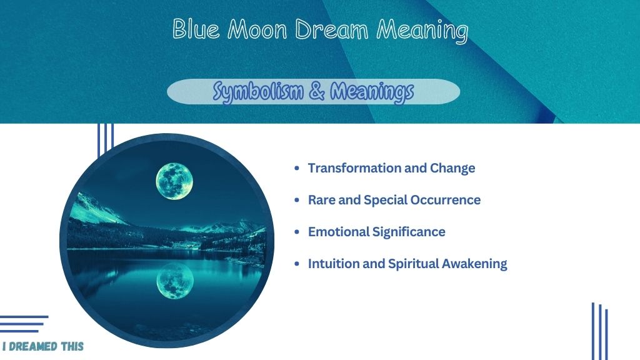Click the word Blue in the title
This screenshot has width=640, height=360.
(196, 29)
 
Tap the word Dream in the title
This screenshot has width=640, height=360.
(331, 30)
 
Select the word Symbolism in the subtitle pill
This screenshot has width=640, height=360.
(258, 91)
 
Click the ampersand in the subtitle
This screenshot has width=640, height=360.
(317, 91)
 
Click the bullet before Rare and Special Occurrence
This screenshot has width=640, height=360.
(297, 200)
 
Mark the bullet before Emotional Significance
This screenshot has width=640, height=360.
(297, 232)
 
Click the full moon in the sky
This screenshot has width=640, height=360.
(174, 181)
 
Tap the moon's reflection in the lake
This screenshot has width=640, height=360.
(175, 281)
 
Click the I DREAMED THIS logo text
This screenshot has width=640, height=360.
(43, 346)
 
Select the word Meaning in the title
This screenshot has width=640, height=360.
(422, 31)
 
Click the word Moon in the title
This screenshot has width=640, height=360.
(257, 30)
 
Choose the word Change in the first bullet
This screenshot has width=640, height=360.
(452, 168)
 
